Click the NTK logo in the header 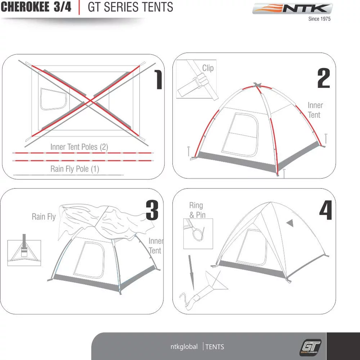click(292, 9)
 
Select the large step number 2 click(323, 79)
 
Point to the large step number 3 click(152, 210)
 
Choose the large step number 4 click(325, 210)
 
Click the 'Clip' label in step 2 click(208, 68)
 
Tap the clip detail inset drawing click(196, 79)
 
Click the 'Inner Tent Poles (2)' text click(79, 147)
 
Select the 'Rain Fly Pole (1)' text click(75, 169)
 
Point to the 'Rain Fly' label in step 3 click(44, 217)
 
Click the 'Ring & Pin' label click(196, 210)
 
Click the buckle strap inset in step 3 click(24, 253)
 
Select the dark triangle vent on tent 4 click(290, 223)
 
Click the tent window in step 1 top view click(53, 99)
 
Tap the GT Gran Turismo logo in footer click(310, 347)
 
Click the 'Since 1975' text click(319, 19)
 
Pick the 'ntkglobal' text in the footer click(184, 347)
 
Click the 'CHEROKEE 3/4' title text click(36, 7)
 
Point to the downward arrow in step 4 click(191, 272)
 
